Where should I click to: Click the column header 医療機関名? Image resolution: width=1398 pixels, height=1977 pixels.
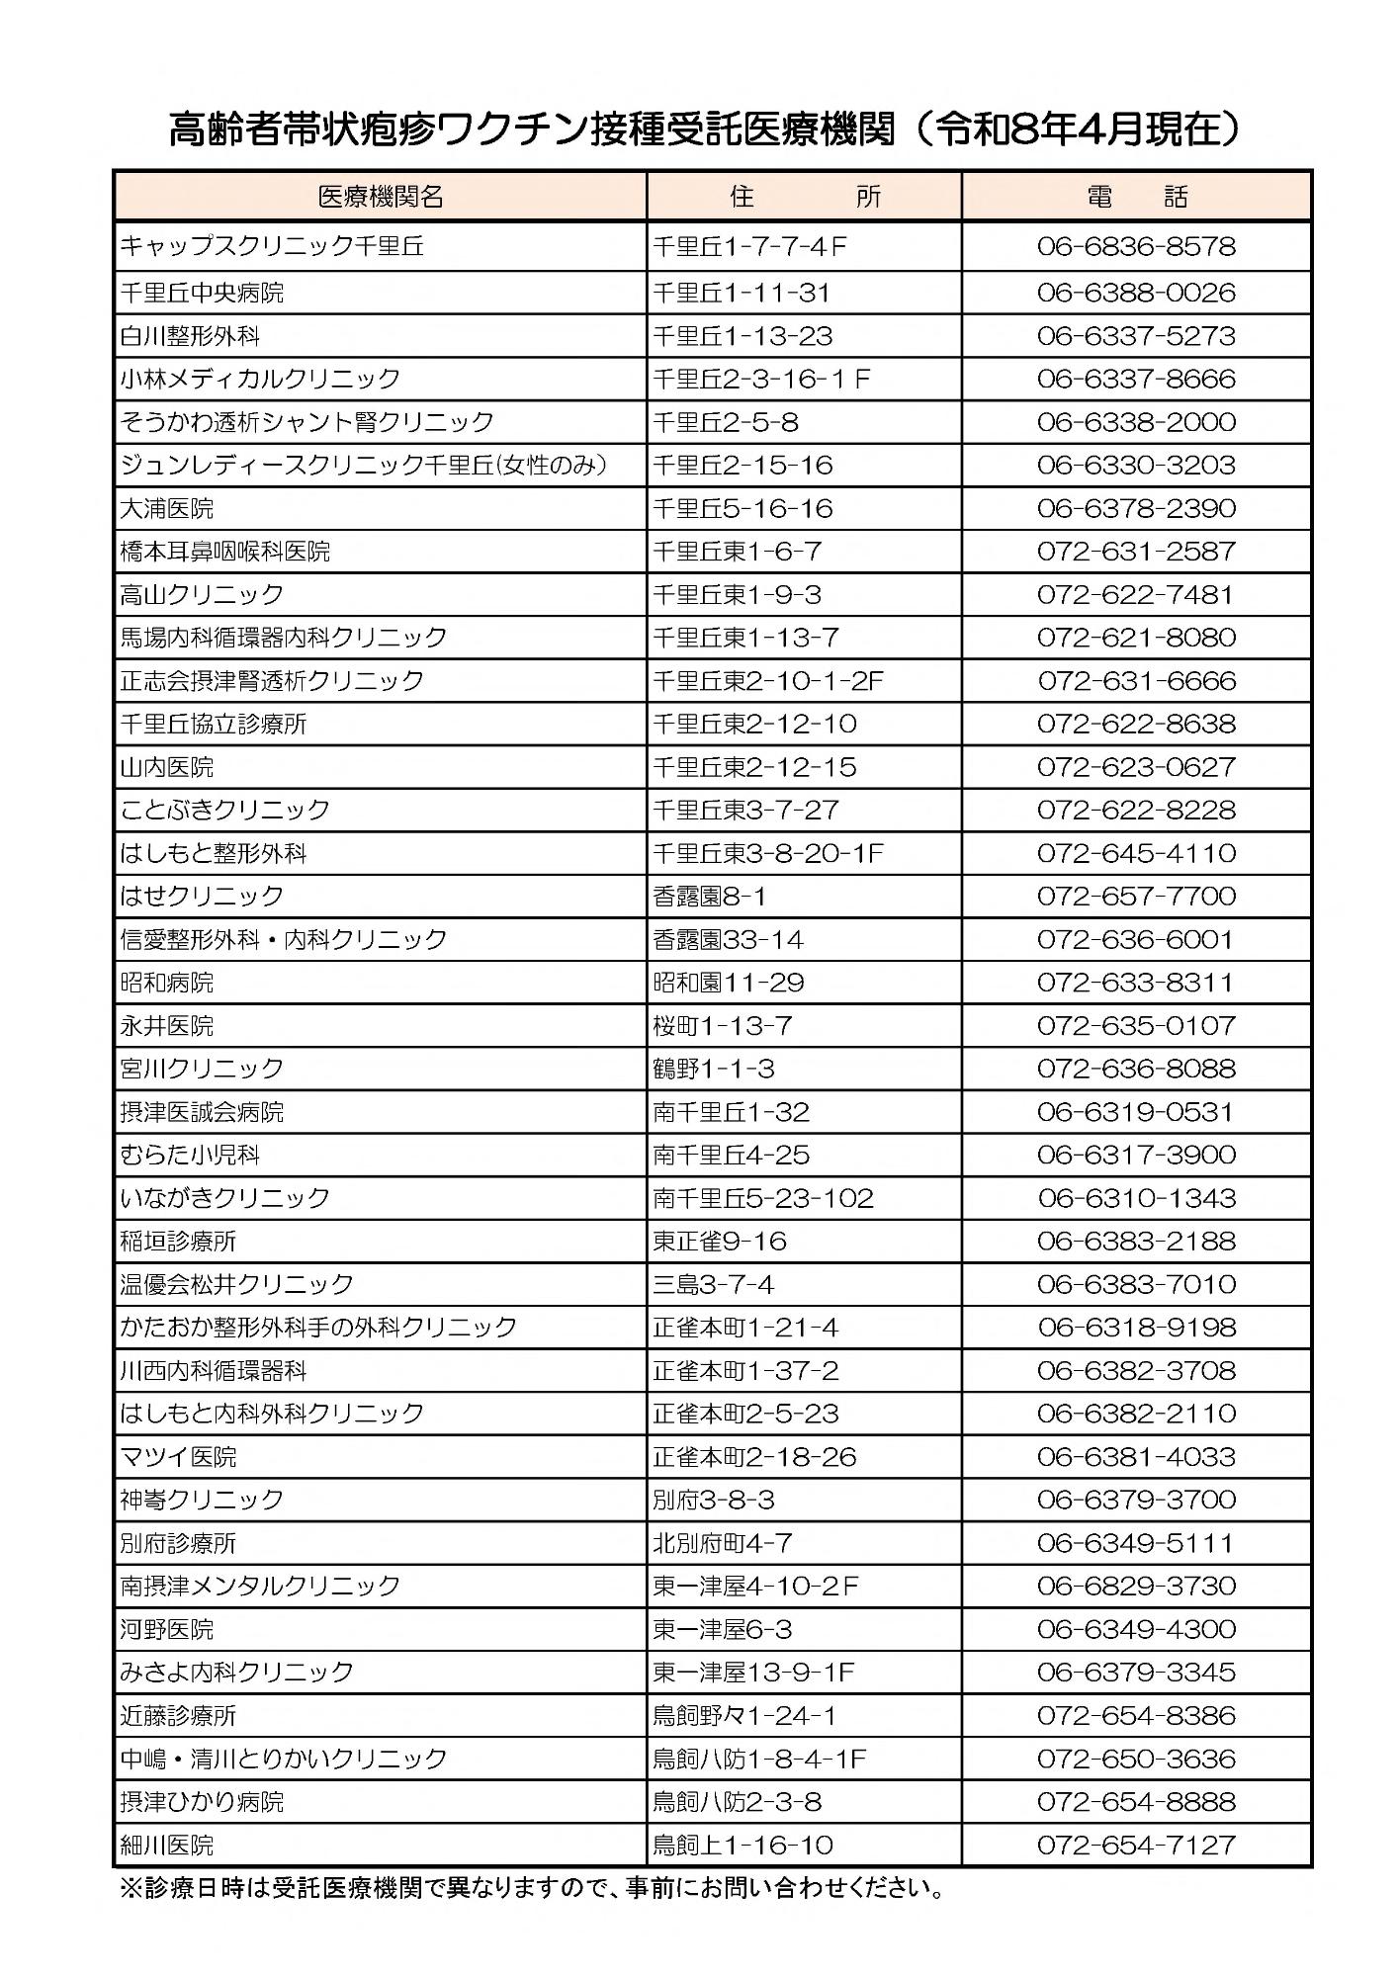pyautogui.click(x=381, y=196)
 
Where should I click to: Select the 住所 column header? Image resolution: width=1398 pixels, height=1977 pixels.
pyautogui.click(x=804, y=196)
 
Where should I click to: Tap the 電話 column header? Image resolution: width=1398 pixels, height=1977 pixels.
pyautogui.click(x=1136, y=196)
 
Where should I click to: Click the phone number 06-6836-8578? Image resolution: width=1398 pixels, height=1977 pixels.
pyautogui.click(x=1136, y=246)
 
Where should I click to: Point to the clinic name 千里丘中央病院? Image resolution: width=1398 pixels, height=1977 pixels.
pyautogui.click(x=202, y=293)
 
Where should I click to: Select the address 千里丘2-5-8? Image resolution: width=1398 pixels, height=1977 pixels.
pyautogui.click(x=726, y=422)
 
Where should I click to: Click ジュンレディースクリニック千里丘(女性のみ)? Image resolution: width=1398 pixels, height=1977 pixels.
pyautogui.click(x=363, y=465)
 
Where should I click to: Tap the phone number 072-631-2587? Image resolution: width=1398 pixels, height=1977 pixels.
pyautogui.click(x=1136, y=552)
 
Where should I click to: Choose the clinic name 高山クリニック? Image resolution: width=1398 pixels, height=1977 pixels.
pyautogui.click(x=202, y=594)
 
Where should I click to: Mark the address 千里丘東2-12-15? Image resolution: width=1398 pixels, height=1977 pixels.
pyautogui.click(x=754, y=767)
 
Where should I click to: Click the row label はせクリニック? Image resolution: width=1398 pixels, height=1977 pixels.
pyautogui.click(x=202, y=897)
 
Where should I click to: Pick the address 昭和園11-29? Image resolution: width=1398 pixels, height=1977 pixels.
pyautogui.click(x=729, y=983)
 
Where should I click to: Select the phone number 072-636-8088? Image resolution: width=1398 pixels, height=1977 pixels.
pyautogui.click(x=1136, y=1069)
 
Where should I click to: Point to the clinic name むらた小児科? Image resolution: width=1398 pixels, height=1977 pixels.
pyautogui.click(x=190, y=1155)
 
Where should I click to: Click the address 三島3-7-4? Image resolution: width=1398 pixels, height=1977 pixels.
pyautogui.click(x=713, y=1284)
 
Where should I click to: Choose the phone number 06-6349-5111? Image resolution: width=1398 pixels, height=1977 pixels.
pyautogui.click(x=1136, y=1543)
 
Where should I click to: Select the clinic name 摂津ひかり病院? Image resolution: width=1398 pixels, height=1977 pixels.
pyautogui.click(x=202, y=1802)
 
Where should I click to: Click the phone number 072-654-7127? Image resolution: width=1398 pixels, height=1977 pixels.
pyautogui.click(x=1136, y=1846)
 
